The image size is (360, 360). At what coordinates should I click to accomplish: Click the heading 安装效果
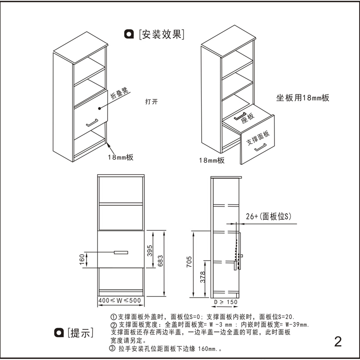tap(162, 34)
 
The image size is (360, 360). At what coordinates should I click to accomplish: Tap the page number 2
tap(338, 341)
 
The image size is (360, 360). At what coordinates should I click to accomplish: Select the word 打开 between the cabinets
tap(151, 102)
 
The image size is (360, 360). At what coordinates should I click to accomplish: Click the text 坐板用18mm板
tap(303, 98)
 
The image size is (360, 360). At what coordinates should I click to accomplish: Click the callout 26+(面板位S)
tap(269, 216)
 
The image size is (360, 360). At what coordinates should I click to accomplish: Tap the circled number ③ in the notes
tap(112, 349)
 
